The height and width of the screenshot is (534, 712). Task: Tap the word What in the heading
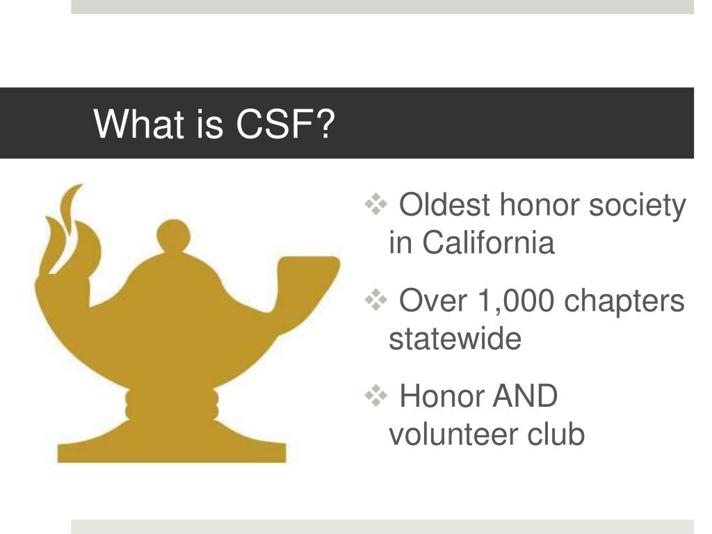click(137, 124)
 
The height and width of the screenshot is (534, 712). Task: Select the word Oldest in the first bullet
click(444, 206)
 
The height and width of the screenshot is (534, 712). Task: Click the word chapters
click(624, 302)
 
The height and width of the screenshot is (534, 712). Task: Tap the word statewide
click(455, 339)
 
